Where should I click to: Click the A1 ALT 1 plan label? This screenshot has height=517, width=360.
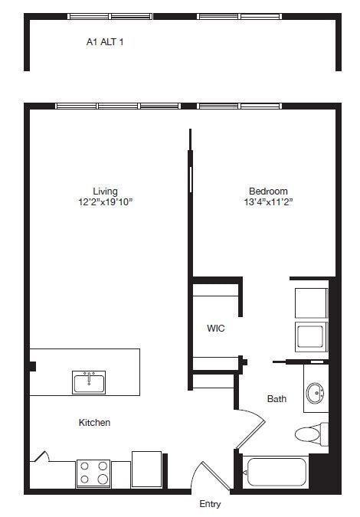click(x=105, y=43)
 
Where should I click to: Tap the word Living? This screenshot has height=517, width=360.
click(x=106, y=191)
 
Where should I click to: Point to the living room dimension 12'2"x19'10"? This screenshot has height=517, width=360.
click(x=106, y=202)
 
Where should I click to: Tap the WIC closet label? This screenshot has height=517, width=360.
click(x=216, y=328)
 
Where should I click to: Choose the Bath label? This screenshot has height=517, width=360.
click(x=277, y=398)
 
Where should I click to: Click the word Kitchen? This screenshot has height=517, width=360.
click(x=95, y=422)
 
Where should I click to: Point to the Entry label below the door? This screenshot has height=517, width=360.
click(x=210, y=504)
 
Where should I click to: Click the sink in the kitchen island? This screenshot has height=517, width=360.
click(x=90, y=381)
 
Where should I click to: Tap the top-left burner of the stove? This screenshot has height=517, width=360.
click(x=84, y=466)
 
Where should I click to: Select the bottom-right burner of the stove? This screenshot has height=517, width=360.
click(x=103, y=480)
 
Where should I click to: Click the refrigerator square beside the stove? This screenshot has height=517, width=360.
click(x=146, y=470)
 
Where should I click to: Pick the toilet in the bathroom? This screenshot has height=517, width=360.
click(x=310, y=434)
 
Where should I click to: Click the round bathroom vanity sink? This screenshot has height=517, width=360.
click(x=315, y=394)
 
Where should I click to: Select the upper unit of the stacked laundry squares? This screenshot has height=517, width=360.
click(x=311, y=302)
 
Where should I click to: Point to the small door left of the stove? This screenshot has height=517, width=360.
click(x=43, y=456)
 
